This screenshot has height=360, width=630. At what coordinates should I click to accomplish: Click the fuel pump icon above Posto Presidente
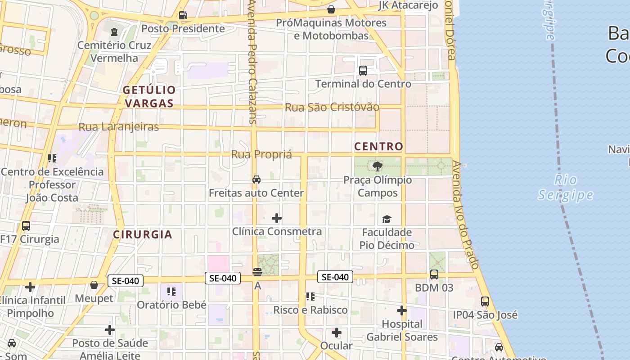tap(183, 15)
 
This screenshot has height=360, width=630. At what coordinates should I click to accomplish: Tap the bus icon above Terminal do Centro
tap(363, 71)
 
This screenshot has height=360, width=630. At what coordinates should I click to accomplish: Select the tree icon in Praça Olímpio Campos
tap(378, 166)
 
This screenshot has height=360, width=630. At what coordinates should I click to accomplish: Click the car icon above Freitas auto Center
tap(256, 180)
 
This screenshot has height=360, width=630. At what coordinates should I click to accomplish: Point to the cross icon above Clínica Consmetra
tap(277, 219)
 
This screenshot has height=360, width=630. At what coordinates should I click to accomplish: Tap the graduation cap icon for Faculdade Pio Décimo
tap(387, 219)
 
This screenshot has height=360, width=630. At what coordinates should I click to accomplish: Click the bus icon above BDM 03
tap(434, 274)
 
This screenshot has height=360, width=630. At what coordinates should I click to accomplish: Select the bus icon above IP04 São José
tap(485, 301)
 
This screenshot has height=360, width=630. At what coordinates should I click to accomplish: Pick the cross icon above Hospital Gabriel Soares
tap(402, 311)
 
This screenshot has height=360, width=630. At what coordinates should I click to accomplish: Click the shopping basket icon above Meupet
tap(94, 285)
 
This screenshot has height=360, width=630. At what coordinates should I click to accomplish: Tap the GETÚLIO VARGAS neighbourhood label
tap(149, 96)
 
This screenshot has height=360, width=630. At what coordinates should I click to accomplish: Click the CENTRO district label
tap(378, 147)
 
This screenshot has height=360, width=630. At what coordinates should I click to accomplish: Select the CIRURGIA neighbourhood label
tap(143, 234)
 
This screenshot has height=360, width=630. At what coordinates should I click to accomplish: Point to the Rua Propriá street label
tap(261, 155)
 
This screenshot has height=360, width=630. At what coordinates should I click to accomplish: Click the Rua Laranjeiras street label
tap(119, 127)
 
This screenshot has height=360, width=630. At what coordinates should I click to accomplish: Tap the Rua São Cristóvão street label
tap(332, 108)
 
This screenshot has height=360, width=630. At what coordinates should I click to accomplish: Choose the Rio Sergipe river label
tap(566, 188)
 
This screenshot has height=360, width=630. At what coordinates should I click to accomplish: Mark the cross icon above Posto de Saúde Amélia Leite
tap(110, 330)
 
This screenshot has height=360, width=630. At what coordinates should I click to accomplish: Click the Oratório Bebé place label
tap(171, 305)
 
